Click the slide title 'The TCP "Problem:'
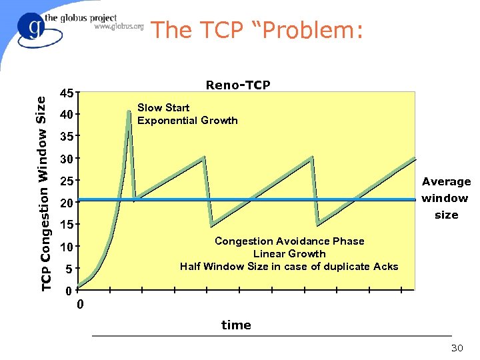257,31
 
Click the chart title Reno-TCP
238,85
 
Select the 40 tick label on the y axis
66,115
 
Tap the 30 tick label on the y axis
66,159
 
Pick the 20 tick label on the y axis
66,203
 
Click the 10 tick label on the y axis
66,247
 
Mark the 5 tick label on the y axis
68,269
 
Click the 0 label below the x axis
80,305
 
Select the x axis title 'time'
236,325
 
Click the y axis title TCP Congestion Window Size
41,193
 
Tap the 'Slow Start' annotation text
163,107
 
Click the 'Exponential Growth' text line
187,120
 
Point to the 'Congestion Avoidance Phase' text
289,241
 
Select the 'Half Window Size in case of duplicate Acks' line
289,266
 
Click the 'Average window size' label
446,198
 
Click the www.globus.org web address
119,27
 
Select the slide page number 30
457,348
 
